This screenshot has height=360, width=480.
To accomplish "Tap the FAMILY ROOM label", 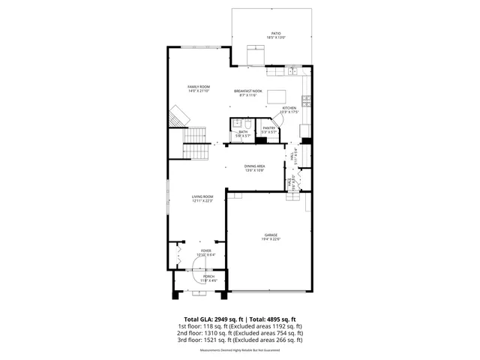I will click(198, 87).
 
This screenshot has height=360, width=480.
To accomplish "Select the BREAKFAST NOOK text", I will click(247, 91).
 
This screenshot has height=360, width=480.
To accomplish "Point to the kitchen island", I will click(277, 95).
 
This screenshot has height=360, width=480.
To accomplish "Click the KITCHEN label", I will click(289, 108).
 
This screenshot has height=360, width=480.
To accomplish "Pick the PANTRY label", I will click(269, 128).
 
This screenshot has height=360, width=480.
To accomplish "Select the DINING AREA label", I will click(254, 166).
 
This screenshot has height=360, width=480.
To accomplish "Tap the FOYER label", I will click(205, 251).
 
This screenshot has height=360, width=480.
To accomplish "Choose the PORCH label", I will click(208, 277).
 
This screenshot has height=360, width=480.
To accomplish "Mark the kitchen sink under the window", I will click(292, 71).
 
